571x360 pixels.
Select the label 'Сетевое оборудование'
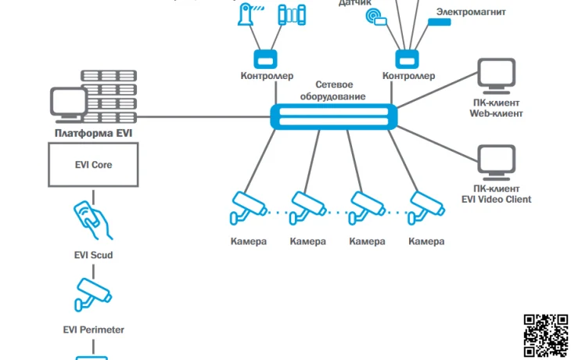point(339,90)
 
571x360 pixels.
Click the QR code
point(545,336)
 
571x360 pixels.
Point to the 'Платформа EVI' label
point(94,133)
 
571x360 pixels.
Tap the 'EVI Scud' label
point(93,255)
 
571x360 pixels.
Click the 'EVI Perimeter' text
point(93,329)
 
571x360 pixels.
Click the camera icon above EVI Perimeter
point(92,295)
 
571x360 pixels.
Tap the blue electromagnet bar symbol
point(439,23)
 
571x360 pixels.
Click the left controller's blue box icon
point(265,58)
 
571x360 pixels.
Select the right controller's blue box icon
point(407,58)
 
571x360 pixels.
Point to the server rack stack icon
point(109,98)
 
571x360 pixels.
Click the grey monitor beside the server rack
point(68,104)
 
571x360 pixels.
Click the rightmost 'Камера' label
point(426,241)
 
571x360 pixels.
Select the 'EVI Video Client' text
point(496,200)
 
